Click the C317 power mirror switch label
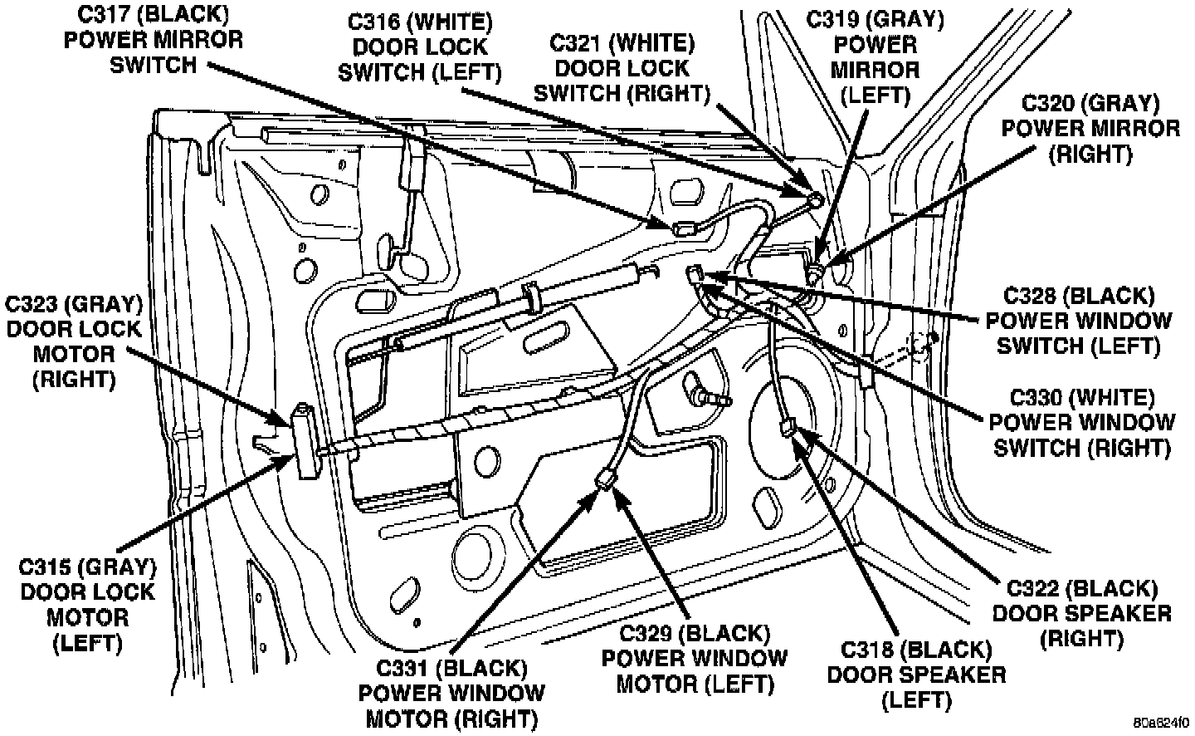[154, 40]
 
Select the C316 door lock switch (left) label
[420, 47]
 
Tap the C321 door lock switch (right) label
[622, 67]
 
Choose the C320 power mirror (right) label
[1090, 129]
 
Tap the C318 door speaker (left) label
[916, 674]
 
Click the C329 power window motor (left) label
[694, 659]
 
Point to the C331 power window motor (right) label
[451, 692]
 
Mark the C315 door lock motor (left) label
[88, 605]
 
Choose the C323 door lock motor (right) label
[74, 341]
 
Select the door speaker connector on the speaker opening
[789, 428]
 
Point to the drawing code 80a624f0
[1163, 721]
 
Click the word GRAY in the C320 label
[1130, 104]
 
